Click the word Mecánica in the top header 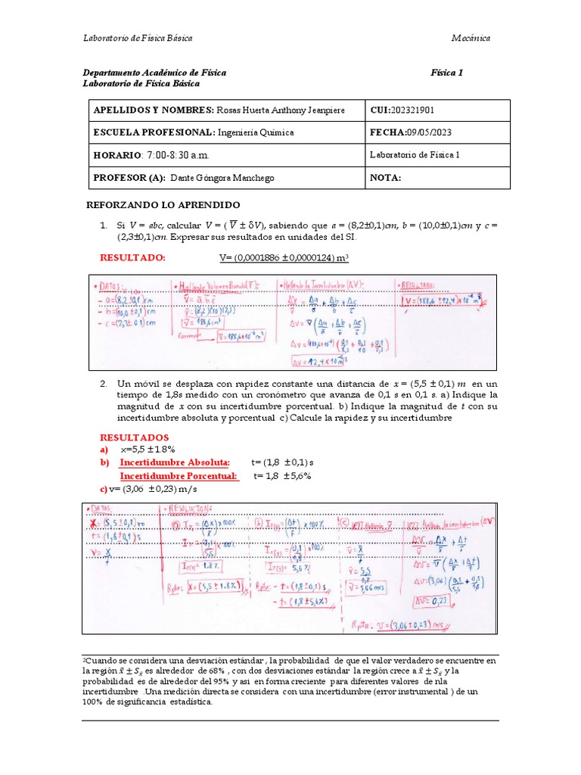point(471,38)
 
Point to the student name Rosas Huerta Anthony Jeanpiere point(281,110)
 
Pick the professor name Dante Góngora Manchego point(222,178)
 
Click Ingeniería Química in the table point(256,132)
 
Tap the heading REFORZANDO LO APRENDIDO point(163,205)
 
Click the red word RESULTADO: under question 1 point(132,258)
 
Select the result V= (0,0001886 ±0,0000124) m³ point(284,258)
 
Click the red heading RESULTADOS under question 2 point(135,437)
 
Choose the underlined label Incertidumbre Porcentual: point(179,476)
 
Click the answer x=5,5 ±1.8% point(148,450)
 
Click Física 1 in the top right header point(446,73)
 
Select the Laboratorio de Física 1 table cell point(415,155)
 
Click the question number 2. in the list point(104,384)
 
